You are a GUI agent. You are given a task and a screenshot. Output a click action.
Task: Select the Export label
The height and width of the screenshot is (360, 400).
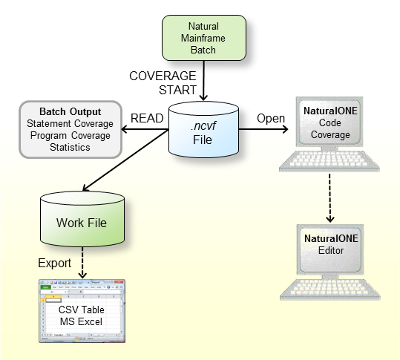coord(55,263)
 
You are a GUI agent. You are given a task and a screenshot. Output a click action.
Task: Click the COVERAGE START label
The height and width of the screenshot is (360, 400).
coord(163,83)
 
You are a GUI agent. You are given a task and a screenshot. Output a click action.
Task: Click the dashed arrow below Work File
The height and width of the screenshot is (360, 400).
coord(82,264)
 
